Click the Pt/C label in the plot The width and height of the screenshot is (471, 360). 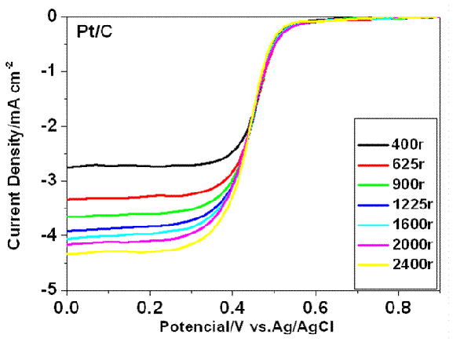[95, 33]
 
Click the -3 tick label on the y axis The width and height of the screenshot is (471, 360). [53, 181]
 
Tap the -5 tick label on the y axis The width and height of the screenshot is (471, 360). [53, 290]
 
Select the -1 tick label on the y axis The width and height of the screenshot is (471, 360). [53, 71]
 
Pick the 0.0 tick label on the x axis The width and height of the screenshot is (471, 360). [69, 307]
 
